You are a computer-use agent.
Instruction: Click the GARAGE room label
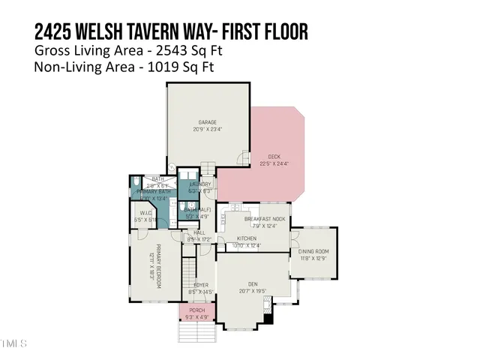pos(207,121)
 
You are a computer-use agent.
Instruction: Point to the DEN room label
pos(253,283)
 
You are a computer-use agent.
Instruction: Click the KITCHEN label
pos(247,238)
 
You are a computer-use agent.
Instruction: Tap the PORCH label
pos(196,310)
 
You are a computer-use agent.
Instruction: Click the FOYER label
pos(200,285)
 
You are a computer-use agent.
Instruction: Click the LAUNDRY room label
pos(200,184)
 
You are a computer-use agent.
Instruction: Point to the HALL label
pos(199,232)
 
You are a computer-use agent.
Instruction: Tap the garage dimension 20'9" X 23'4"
pos(207,129)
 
